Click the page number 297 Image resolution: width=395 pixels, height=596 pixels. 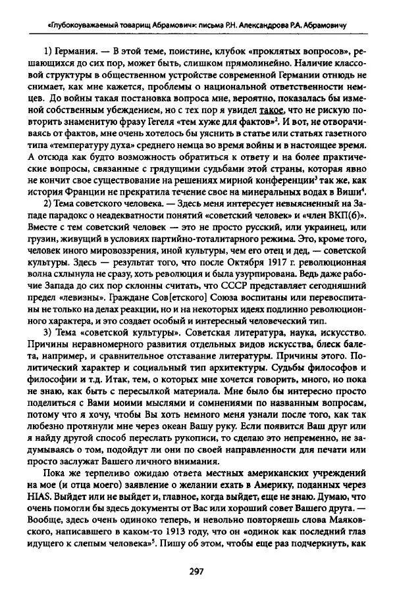(x=197, y=572)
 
